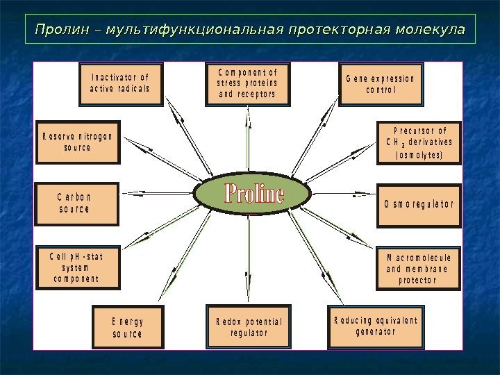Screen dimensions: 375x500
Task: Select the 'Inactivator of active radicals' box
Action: (x=121, y=84)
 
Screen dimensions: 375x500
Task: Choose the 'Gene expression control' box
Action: (x=380, y=84)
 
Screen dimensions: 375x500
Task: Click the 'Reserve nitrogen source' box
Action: (x=78, y=142)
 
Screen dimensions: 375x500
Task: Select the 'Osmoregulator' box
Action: (x=419, y=204)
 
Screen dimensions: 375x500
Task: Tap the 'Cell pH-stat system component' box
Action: (x=76, y=267)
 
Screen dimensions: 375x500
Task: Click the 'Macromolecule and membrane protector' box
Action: (x=419, y=268)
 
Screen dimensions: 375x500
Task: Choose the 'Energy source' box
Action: (x=128, y=327)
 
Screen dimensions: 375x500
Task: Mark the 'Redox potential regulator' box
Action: (x=249, y=327)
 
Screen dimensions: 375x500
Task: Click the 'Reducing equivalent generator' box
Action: (x=376, y=326)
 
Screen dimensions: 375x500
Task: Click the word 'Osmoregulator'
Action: (x=419, y=204)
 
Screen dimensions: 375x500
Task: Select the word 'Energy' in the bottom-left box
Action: (x=128, y=322)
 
